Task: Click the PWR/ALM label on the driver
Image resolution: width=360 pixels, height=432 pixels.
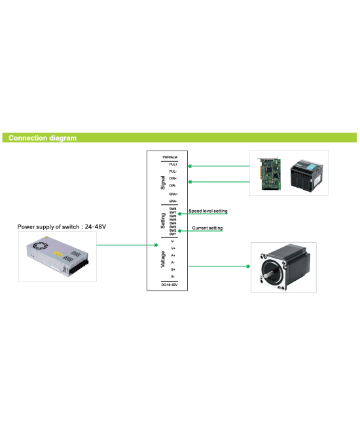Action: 170,157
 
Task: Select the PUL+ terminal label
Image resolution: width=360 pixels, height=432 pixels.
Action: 173,164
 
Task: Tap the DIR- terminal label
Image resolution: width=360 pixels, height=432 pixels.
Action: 173,186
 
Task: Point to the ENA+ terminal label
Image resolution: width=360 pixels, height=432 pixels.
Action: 173,194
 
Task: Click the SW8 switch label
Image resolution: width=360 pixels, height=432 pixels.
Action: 173,209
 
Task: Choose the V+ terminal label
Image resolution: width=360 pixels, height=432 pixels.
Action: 173,249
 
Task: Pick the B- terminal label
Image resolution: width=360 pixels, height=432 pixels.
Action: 173,276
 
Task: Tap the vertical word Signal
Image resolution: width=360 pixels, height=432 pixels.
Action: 162,183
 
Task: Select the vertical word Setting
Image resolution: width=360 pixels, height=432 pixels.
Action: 162,221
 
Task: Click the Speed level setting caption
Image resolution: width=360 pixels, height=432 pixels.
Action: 208,211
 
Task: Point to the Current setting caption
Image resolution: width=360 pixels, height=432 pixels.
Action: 207,228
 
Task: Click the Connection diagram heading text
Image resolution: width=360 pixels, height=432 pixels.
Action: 43,138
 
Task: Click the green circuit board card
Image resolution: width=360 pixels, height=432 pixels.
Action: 269,173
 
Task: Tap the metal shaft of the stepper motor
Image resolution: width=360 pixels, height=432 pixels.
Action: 268,274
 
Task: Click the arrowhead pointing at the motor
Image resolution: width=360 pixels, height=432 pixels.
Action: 249,266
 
